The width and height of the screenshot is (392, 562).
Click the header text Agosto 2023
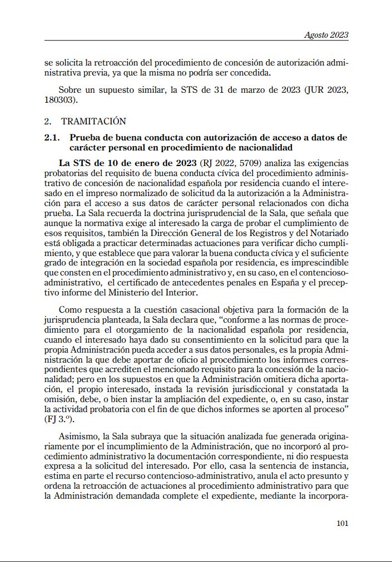coord(326,35)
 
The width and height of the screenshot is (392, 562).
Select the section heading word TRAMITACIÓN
coord(93,121)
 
